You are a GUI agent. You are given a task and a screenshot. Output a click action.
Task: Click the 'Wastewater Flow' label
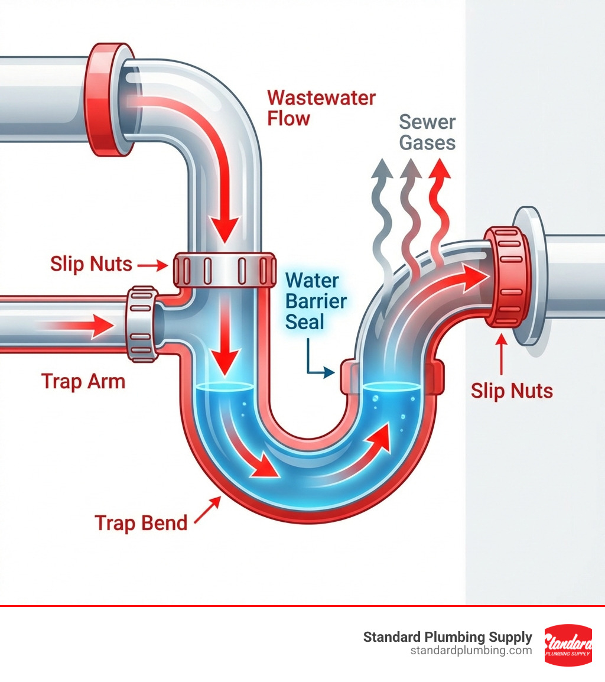321,108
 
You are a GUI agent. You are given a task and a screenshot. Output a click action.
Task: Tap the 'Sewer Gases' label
427,132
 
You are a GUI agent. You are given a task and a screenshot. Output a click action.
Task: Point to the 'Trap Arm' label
83,381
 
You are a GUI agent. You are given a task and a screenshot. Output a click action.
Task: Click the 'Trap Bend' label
141,522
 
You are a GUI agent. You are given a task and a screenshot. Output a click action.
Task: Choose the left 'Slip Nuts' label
91,264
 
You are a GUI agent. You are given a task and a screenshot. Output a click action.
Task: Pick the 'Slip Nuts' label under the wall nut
512,391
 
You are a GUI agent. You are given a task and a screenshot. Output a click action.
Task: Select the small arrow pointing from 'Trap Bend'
207,511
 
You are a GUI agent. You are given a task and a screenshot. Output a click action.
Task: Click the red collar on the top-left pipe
106,99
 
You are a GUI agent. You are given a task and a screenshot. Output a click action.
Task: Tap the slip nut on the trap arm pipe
142,323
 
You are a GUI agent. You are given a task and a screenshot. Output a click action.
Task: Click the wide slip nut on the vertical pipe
225,269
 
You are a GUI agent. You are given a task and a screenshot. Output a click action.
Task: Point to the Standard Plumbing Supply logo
568,645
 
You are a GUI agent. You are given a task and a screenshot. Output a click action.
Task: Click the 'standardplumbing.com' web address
471,651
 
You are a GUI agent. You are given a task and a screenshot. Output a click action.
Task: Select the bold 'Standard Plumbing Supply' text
447,637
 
